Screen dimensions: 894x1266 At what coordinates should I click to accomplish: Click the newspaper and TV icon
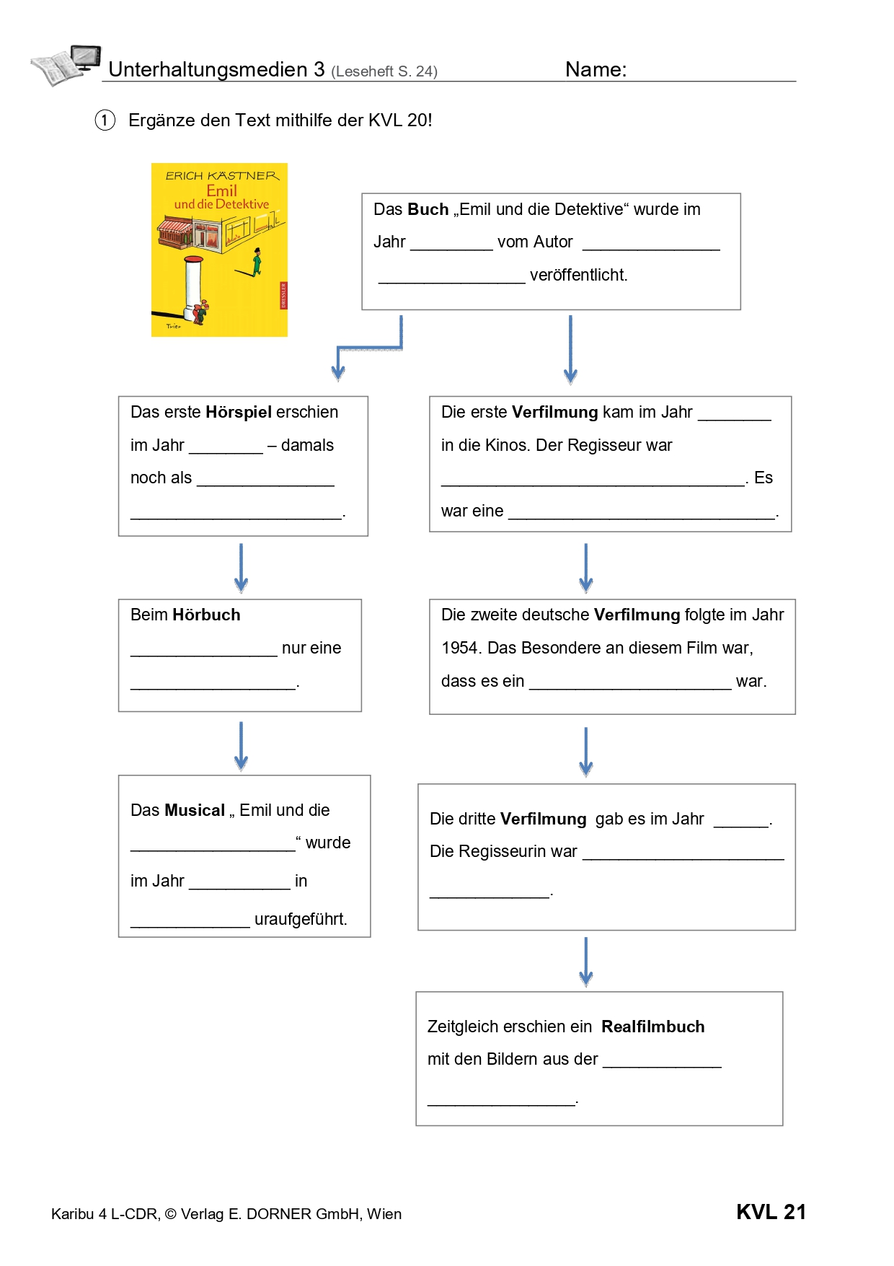66,65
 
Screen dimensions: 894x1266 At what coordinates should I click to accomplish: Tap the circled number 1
105,120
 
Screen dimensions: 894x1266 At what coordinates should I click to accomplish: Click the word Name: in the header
596,69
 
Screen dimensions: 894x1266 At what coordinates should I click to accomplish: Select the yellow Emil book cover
219,250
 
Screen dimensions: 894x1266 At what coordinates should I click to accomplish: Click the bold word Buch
428,209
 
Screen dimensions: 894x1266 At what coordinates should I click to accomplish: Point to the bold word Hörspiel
239,413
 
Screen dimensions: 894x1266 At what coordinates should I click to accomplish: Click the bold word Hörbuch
206,615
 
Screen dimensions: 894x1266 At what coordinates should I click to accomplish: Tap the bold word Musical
195,810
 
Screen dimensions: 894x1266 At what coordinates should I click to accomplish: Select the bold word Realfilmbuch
653,1027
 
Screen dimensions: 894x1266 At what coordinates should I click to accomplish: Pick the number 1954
460,648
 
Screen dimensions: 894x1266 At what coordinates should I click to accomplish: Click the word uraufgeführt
301,920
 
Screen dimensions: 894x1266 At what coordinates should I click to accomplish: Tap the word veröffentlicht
578,275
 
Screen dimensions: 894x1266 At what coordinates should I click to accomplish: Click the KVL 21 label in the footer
771,1212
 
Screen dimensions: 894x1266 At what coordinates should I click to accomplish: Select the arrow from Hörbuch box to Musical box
241,746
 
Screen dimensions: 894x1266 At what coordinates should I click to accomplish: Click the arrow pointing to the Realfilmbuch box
586,962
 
